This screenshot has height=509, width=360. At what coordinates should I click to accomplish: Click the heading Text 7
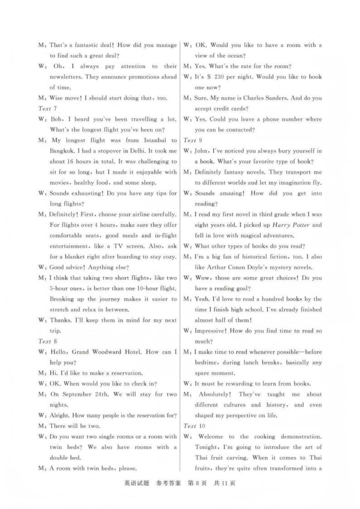tap(47, 108)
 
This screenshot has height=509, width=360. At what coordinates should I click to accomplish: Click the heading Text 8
tap(47, 341)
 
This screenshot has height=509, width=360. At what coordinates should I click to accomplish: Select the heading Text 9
tap(192, 140)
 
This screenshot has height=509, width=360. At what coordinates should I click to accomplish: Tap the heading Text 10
tap(194, 426)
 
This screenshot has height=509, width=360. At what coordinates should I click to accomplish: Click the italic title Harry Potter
tap(291, 225)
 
